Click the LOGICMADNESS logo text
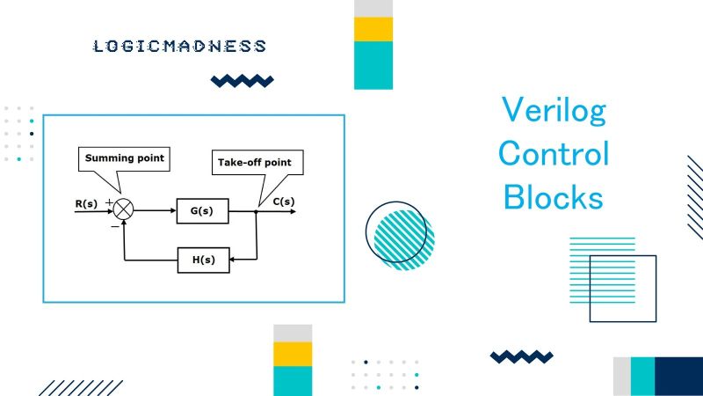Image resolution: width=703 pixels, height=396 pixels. pyautogui.click(x=179, y=46)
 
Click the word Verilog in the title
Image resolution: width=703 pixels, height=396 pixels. pyautogui.click(x=554, y=112)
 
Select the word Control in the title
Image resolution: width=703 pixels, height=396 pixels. pyautogui.click(x=554, y=154)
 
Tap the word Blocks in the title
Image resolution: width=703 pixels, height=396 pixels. pyautogui.click(x=554, y=196)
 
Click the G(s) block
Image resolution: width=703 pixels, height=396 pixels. pyautogui.click(x=202, y=211)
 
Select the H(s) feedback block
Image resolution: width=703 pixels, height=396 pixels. pyautogui.click(x=202, y=260)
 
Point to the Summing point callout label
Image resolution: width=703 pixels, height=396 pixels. pyautogui.click(x=124, y=158)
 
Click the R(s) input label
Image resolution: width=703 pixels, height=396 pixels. pyautogui.click(x=86, y=204)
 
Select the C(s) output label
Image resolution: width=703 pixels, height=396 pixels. pyautogui.click(x=283, y=202)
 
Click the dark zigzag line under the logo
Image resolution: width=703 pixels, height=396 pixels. pyautogui.click(x=242, y=82)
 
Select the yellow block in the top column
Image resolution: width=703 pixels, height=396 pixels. pyautogui.click(x=373, y=29)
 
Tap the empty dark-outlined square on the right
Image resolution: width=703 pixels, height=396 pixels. pyautogui.click(x=622, y=289)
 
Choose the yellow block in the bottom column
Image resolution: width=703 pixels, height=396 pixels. pyautogui.click(x=293, y=354)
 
